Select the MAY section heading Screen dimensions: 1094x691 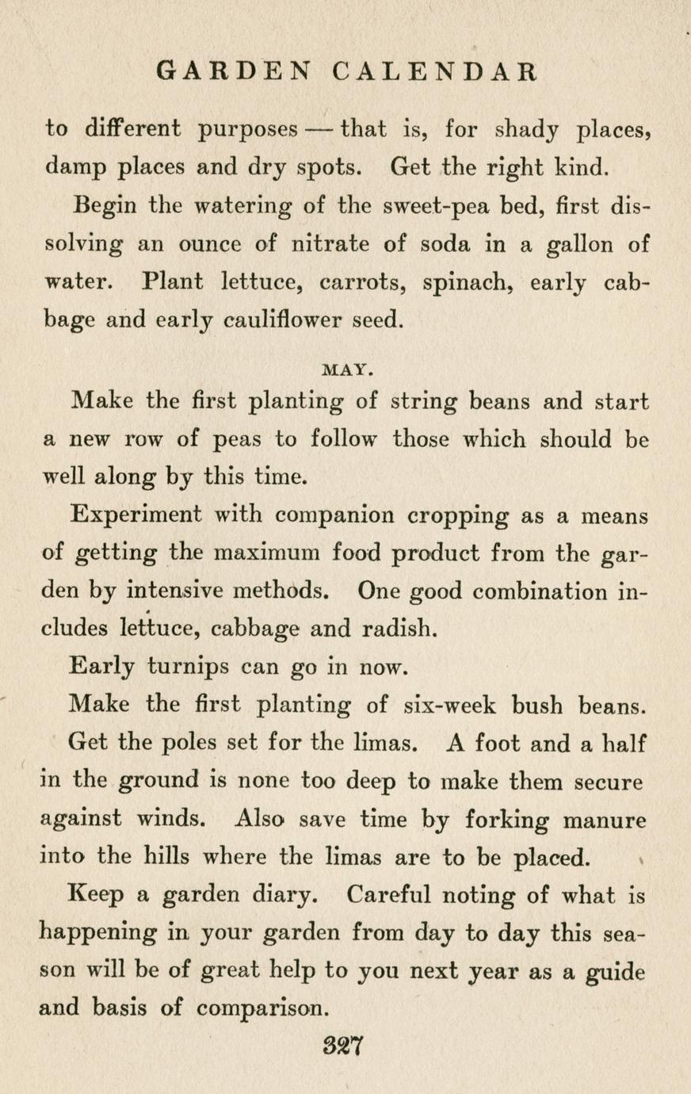coord(349,369)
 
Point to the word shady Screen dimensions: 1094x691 coord(526,129)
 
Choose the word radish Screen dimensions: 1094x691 coord(391,629)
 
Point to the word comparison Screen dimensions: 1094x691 coord(260,1009)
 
